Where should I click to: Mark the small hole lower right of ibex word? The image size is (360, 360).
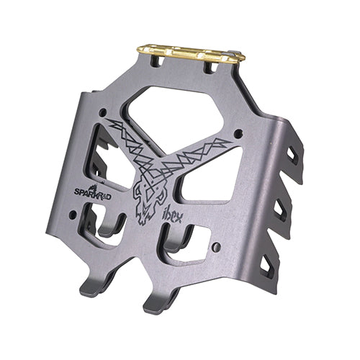217,247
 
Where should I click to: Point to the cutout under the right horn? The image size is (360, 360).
205,184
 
